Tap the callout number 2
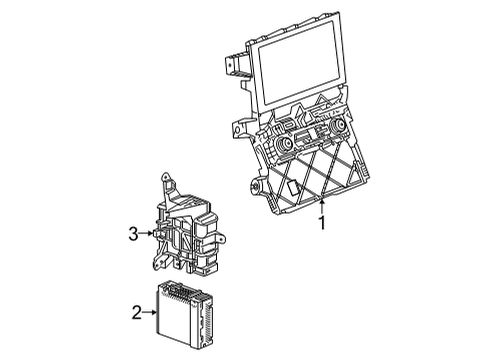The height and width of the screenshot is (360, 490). point(137,313)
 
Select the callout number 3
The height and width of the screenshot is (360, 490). point(133,234)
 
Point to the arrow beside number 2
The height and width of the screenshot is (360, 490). point(152,313)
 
